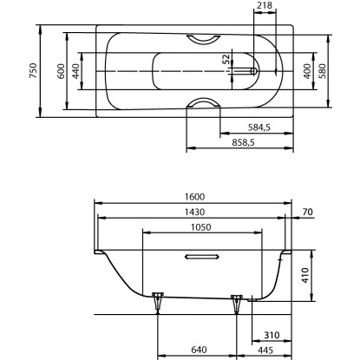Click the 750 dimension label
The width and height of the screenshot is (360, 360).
tap(32, 70)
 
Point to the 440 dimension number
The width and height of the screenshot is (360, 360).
tap(76, 70)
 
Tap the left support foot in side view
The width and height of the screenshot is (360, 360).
tap(157, 302)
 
